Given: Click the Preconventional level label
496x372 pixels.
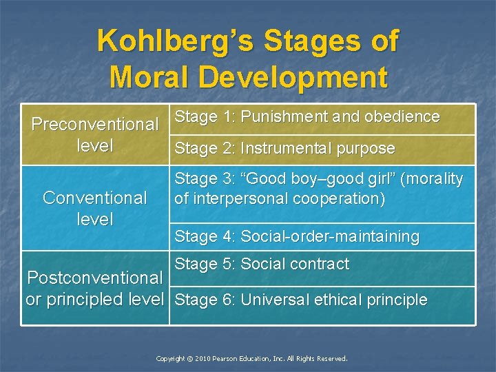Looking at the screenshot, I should click(x=95, y=135).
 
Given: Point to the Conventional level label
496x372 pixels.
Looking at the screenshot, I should click(x=95, y=208).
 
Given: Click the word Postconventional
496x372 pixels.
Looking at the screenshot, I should click(x=94, y=278).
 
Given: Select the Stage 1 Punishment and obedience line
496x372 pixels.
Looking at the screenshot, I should click(x=307, y=117).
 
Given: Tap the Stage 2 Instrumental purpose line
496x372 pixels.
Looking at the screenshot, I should click(x=285, y=148).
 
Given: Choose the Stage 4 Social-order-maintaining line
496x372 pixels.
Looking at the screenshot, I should click(x=297, y=236).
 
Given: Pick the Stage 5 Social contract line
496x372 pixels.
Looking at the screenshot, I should click(x=262, y=264).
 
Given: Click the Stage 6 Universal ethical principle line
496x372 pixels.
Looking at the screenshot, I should click(x=301, y=300).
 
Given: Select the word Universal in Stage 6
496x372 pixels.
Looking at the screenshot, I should click(x=273, y=300).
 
